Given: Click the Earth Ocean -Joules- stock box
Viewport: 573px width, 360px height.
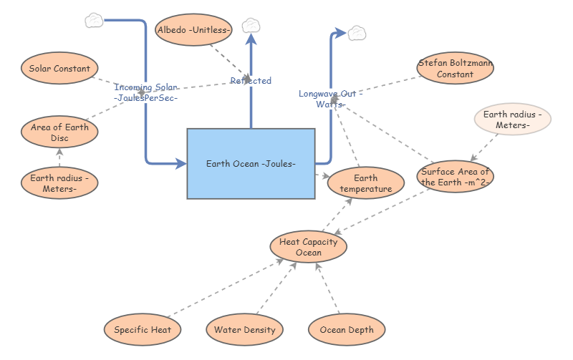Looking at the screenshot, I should coord(251,164).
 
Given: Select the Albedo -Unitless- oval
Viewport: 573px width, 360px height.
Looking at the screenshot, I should coord(193,29).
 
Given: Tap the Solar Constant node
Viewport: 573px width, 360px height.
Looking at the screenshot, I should coord(59,69).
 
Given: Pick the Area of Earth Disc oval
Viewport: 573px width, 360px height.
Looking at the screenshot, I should coord(59,132).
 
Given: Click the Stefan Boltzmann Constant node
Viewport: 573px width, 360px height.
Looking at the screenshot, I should coord(455,69).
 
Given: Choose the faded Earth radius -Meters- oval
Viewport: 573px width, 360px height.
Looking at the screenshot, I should coord(512,120).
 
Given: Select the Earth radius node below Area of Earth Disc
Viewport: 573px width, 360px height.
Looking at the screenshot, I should coord(59,183).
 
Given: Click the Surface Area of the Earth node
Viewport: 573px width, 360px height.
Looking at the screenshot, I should coord(455,176).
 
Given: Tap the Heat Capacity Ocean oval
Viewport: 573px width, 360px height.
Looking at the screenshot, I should coord(309,247).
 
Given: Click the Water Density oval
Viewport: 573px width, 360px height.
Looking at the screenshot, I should coord(244,330).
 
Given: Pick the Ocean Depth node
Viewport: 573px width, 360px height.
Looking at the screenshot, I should coord(347,330).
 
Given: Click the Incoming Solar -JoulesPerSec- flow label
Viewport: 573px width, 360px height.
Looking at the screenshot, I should coord(146,92).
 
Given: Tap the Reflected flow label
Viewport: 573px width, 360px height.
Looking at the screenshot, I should coord(251,81).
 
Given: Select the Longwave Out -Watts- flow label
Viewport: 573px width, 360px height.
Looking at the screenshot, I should coord(331,99).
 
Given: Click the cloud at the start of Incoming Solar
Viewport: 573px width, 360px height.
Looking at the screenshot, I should coord(94,20).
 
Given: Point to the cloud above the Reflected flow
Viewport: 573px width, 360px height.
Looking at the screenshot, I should coord(251,26).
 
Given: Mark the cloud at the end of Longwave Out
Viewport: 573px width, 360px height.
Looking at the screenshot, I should coord(357,32).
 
